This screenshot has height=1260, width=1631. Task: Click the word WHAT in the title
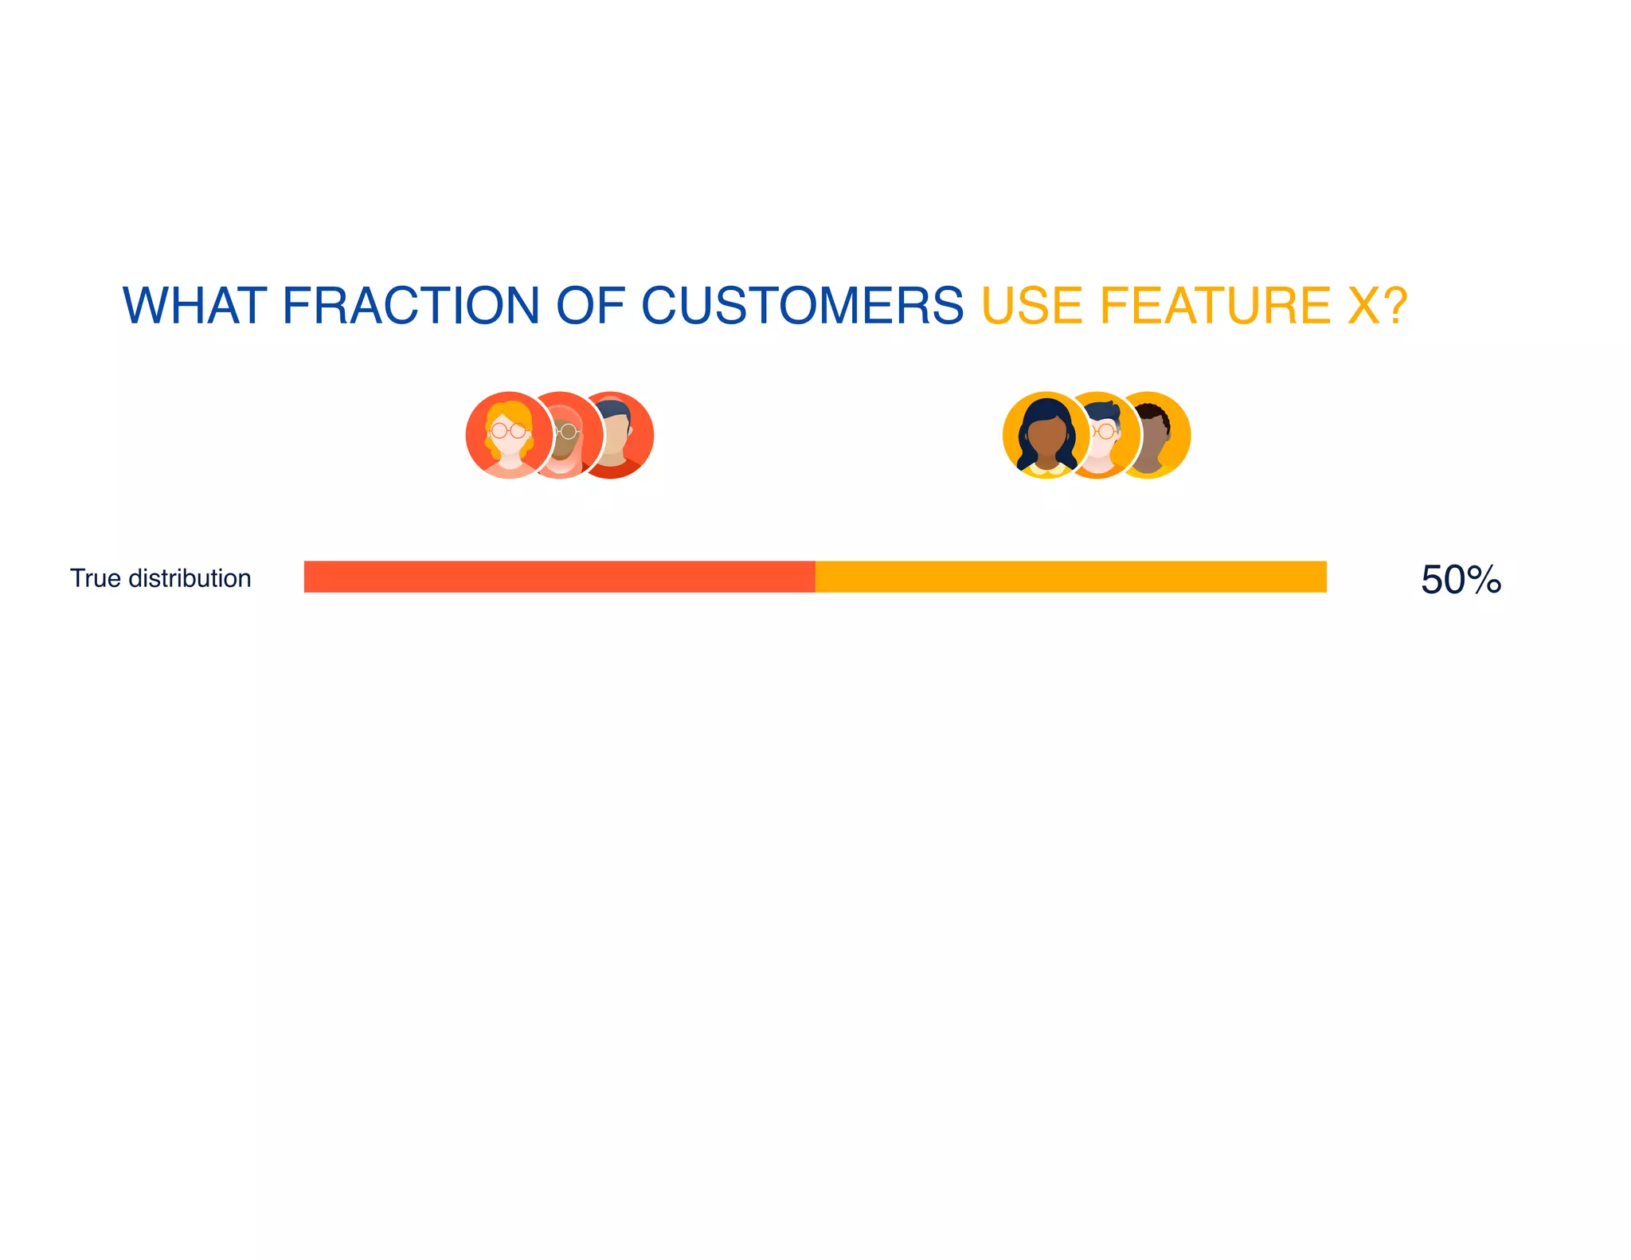click(x=194, y=306)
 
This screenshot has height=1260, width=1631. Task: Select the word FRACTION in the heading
click(x=411, y=306)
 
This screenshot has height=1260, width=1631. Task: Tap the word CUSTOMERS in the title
click(x=802, y=306)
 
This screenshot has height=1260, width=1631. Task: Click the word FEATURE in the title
click(x=1215, y=306)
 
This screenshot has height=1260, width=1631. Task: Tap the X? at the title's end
click(x=1377, y=306)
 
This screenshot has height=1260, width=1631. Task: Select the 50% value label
click(x=1461, y=579)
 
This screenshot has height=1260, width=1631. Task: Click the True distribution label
click(x=161, y=578)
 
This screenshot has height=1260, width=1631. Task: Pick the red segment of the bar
click(x=559, y=577)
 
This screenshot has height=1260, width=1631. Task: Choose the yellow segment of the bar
click(x=1070, y=577)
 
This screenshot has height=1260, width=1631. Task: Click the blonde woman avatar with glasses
click(x=509, y=435)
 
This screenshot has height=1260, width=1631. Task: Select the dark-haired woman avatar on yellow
click(x=1046, y=435)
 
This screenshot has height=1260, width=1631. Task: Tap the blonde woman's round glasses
click(x=509, y=431)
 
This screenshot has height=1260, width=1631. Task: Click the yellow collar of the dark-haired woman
click(x=1046, y=470)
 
